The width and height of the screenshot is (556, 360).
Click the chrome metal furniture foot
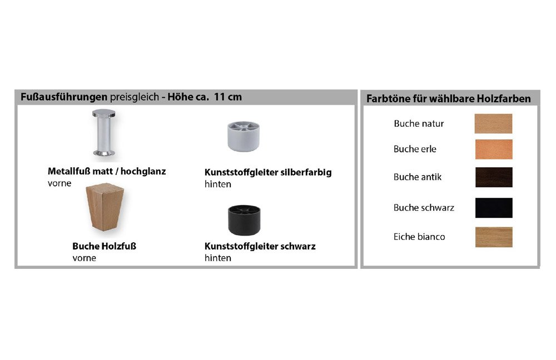pos(104,133)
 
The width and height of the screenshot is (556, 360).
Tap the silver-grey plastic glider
pos(244,136)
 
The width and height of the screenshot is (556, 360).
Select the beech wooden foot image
pos(105,207)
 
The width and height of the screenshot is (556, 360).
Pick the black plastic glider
pos(244,219)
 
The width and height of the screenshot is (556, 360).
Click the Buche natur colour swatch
pos(493,123)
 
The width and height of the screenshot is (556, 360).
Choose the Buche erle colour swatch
pos(494,149)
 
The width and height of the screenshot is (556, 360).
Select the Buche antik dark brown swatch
pos(494,177)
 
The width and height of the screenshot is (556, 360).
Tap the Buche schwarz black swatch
pos(494,208)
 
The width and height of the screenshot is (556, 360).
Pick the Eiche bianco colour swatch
pos(494,237)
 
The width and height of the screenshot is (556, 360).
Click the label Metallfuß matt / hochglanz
pos(107,172)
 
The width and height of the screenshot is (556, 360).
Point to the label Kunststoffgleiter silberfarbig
pos(268,173)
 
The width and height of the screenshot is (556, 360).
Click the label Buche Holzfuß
pos(105,246)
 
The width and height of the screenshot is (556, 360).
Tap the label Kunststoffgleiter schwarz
pos(260,246)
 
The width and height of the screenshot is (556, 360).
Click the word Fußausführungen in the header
pos(64,97)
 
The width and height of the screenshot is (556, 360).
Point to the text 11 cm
pos(228,97)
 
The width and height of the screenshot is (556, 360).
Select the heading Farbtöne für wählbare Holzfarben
pos(449,98)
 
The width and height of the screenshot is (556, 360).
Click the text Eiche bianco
pos(419,237)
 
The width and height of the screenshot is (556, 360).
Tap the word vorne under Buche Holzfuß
pos(84,258)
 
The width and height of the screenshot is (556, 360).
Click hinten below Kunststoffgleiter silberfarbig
pos(218,184)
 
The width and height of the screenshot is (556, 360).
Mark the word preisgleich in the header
pos(135,97)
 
